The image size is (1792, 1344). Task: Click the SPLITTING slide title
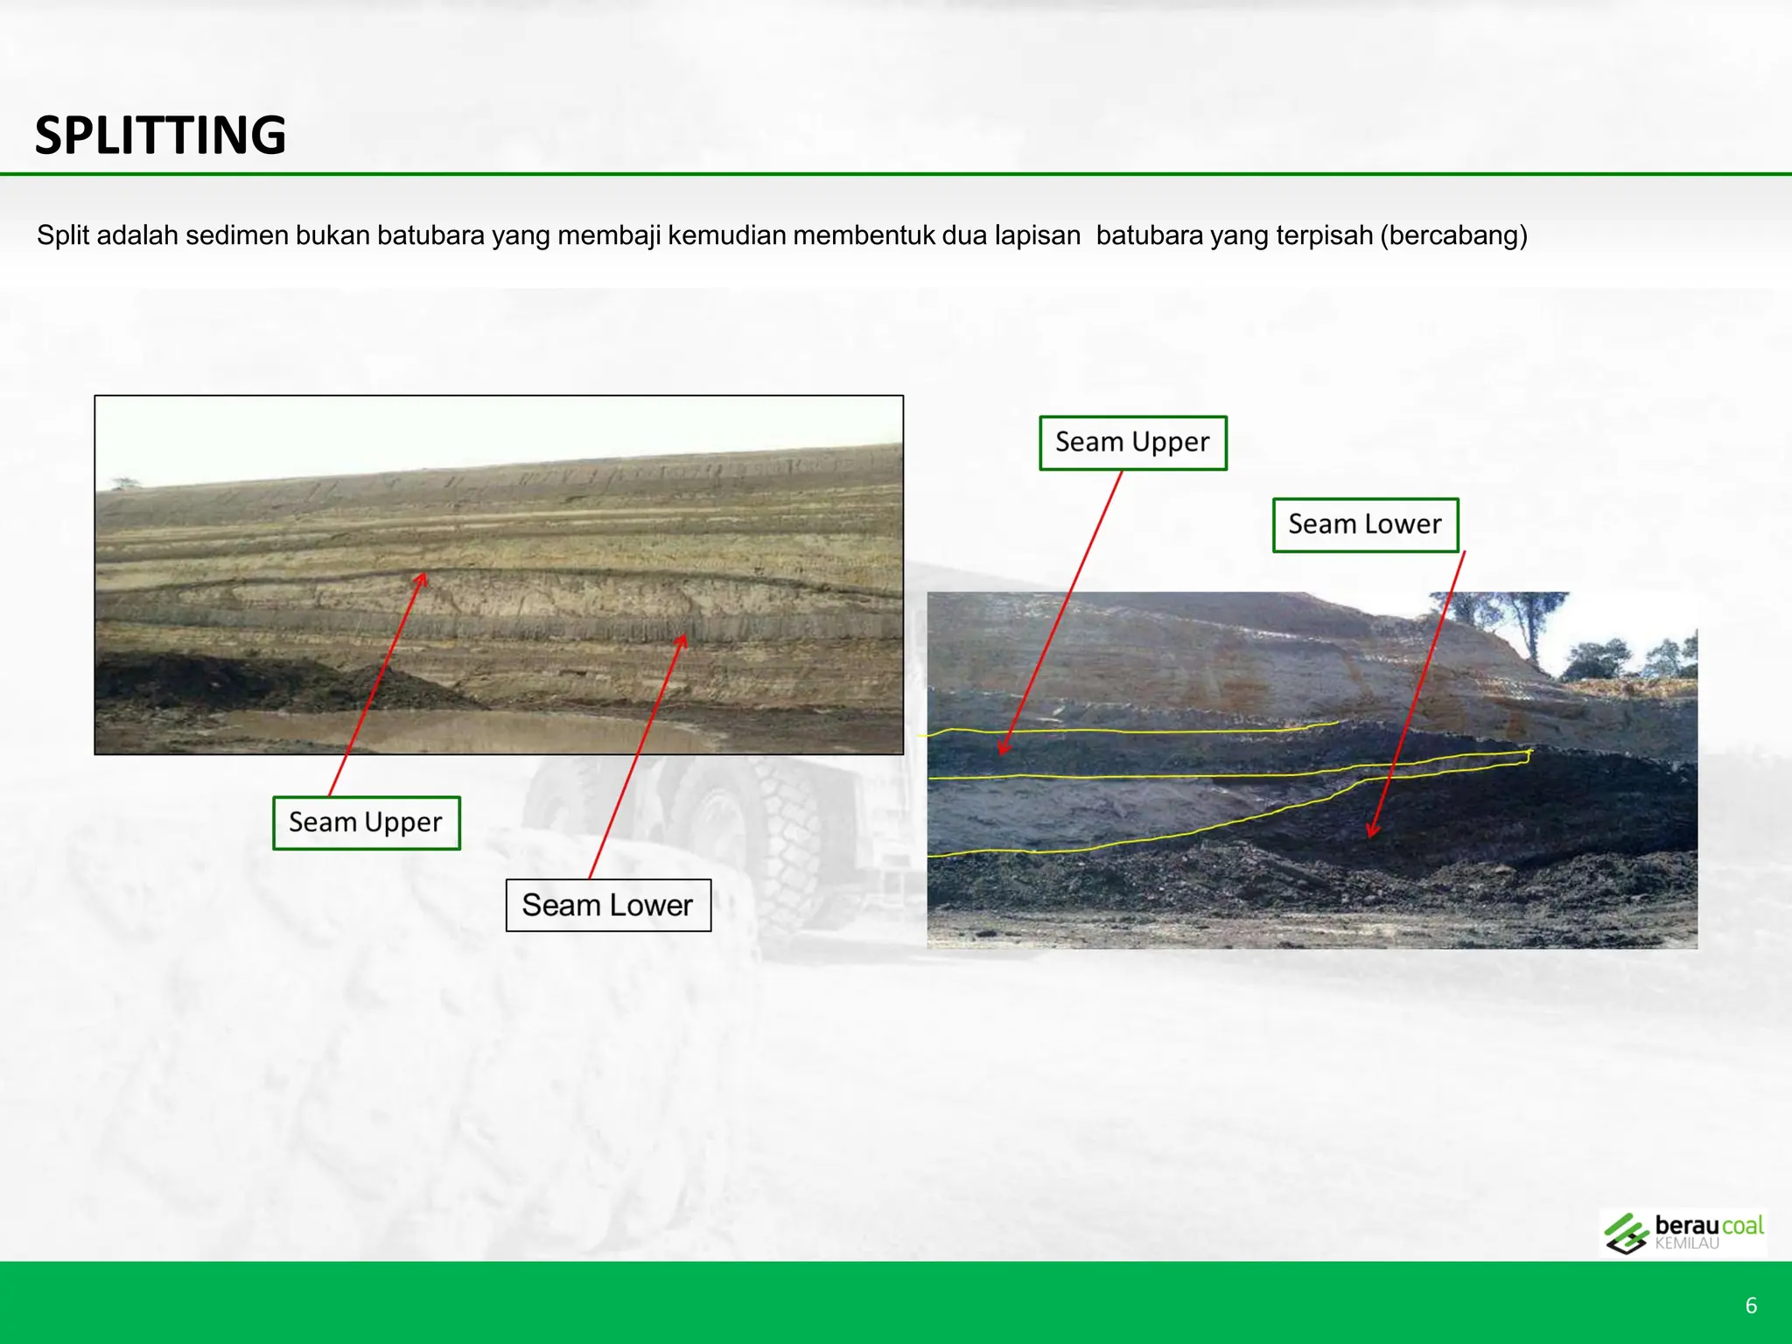click(x=160, y=136)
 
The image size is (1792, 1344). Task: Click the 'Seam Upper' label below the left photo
click(x=366, y=822)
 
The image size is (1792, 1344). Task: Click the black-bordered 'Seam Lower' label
click(x=608, y=905)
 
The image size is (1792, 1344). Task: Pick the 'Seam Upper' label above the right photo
click(x=1132, y=442)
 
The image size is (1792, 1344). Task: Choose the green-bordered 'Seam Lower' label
click(x=1365, y=524)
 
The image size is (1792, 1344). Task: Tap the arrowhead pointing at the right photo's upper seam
click(x=1003, y=749)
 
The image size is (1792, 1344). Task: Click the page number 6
click(x=1751, y=1305)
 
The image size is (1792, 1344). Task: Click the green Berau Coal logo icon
click(x=1626, y=1234)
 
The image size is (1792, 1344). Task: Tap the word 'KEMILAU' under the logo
click(x=1686, y=1243)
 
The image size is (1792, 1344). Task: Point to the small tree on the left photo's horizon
click(x=124, y=482)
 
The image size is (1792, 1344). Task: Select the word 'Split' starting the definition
click(x=63, y=235)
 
